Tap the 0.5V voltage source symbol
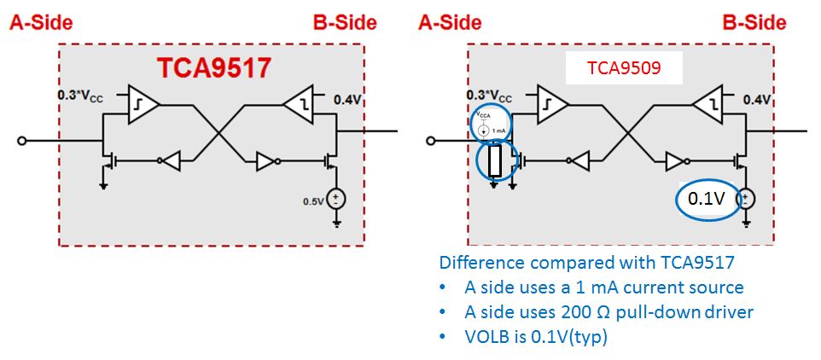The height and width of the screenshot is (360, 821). click(x=336, y=199)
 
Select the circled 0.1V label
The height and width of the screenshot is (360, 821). click(x=706, y=200)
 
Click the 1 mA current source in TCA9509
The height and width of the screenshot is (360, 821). click(x=490, y=123)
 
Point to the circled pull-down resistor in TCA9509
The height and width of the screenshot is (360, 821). click(x=496, y=160)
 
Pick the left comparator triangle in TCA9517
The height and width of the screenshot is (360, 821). click(x=143, y=105)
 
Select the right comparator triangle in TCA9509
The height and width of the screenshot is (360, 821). click(x=708, y=105)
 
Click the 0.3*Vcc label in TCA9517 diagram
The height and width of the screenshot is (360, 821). click(x=79, y=96)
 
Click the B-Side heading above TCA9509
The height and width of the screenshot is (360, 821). click(x=754, y=23)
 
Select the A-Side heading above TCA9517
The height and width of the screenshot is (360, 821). click(x=41, y=23)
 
